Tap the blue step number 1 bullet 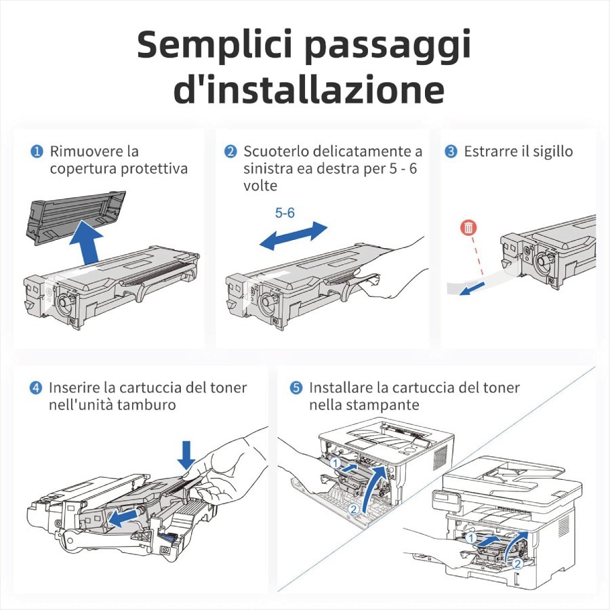(37, 151)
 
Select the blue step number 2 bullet (230, 151)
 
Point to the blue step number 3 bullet (451, 151)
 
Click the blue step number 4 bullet (36, 388)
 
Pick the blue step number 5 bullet (296, 388)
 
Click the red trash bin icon (468, 228)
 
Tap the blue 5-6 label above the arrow (285, 213)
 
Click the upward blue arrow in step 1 (88, 244)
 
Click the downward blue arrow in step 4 (186, 455)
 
